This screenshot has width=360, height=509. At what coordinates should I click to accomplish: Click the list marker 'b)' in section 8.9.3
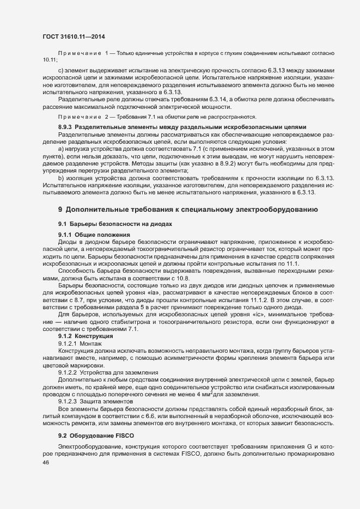60,178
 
